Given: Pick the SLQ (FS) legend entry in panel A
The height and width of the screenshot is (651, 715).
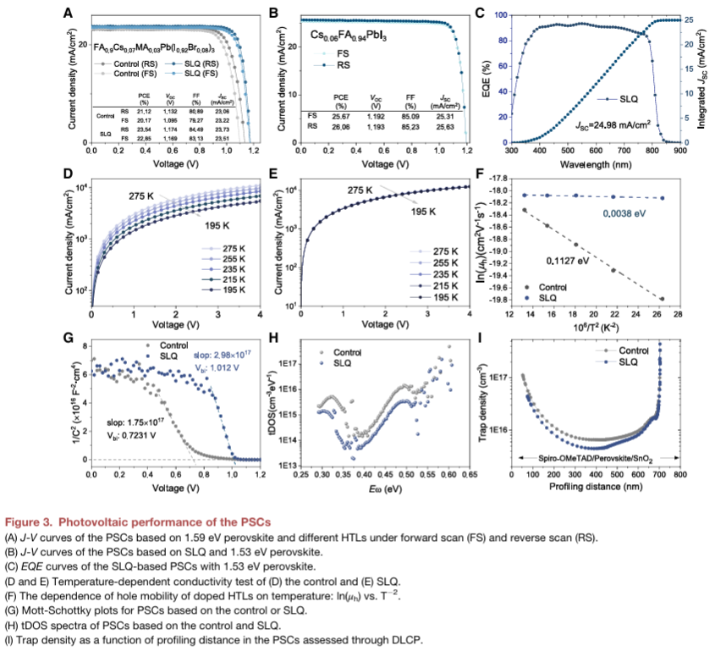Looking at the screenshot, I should point(194,74).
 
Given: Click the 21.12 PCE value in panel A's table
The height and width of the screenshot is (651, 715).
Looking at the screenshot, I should point(144,109).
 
